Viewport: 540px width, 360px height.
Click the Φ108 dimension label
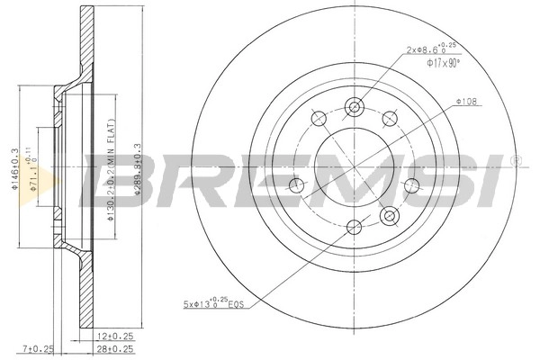pos(466,101)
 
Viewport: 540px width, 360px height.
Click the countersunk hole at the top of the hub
pos(354,105)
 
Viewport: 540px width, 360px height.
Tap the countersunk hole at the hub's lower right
pos(390,216)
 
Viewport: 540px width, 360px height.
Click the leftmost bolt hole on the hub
pos(296,185)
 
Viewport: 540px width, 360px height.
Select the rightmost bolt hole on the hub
pos(412,185)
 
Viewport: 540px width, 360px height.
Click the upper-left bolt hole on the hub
pos(318,118)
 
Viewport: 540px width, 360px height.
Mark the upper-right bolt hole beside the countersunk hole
pos(390,118)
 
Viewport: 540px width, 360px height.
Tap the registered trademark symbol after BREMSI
pos(515,160)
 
